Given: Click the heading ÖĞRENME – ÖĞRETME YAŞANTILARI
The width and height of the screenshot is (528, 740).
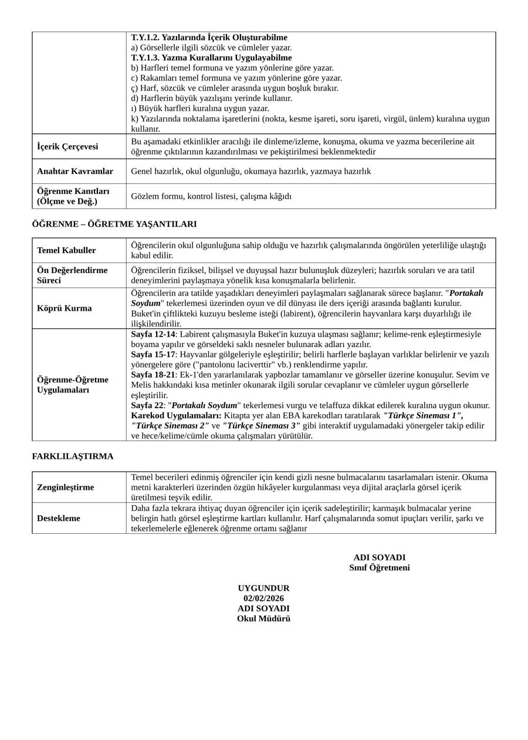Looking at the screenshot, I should (x=114, y=224).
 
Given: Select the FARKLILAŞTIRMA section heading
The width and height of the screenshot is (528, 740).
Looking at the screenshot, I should (x=73, y=456).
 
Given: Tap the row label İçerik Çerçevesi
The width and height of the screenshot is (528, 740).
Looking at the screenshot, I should (x=67, y=147).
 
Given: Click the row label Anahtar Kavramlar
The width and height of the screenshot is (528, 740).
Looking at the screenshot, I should (x=75, y=171).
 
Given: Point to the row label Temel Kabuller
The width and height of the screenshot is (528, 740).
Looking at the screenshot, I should (x=66, y=250).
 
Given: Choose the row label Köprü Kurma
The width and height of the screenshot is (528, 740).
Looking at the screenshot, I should (x=65, y=308).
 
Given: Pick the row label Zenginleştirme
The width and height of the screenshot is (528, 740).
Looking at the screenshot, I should (x=66, y=487).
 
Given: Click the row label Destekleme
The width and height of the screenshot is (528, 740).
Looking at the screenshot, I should (x=59, y=519).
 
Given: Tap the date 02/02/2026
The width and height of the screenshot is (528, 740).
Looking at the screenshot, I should (x=263, y=598).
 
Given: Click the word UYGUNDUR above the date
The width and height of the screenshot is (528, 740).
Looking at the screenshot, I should (x=263, y=588).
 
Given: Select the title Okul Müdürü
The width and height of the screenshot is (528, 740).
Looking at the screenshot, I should (x=263, y=618).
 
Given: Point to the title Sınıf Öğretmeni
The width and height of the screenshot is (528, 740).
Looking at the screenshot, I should (x=379, y=568).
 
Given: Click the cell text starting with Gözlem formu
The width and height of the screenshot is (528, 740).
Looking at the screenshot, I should (x=211, y=196).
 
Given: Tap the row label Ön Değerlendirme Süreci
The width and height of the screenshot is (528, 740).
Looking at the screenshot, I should (x=72, y=275).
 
